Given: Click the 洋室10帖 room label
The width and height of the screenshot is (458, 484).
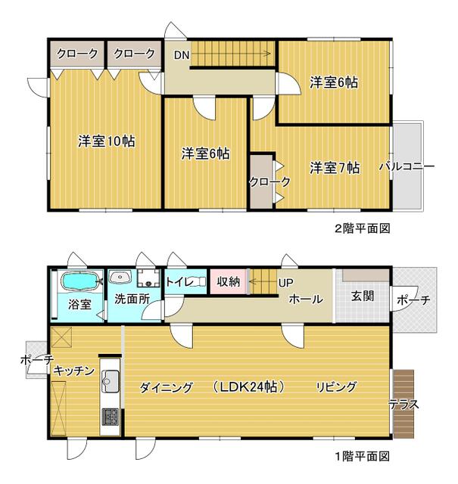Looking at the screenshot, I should [107, 141].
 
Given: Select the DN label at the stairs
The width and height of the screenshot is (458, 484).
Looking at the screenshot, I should [182, 54].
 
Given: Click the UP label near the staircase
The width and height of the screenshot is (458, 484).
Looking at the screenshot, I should [285, 283].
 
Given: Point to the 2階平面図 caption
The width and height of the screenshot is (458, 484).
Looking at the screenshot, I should [362, 228].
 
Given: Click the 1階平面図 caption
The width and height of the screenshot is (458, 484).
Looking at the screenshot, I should [362, 456].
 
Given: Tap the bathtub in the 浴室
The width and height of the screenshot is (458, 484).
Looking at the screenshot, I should [79, 282].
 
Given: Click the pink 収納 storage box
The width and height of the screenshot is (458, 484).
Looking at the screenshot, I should [228, 282].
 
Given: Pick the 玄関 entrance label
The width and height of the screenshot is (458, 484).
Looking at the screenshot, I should [363, 296].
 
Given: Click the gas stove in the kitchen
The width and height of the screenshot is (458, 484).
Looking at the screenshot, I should [110, 414].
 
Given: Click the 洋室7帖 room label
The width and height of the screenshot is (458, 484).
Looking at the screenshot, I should [335, 167].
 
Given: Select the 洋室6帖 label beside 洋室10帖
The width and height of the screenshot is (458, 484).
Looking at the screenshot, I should [205, 154].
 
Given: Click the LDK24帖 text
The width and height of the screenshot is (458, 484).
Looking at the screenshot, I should [248, 387].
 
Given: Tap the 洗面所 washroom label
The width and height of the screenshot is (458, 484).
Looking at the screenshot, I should [132, 298].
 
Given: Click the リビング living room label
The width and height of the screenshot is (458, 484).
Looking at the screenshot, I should [336, 387].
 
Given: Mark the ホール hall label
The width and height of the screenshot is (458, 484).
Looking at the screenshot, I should [306, 299].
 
